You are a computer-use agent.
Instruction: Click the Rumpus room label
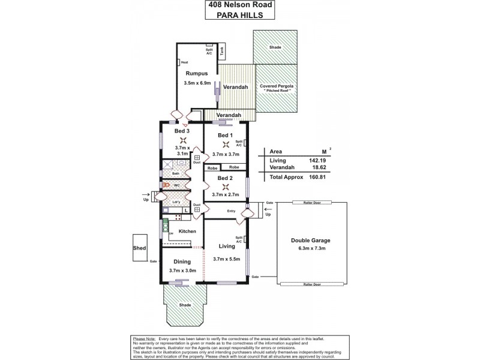pos(197,74)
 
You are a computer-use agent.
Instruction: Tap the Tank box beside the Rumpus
pos(222,52)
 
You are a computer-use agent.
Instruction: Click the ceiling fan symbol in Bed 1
pos(226,145)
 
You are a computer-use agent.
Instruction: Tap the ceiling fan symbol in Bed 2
pos(226,187)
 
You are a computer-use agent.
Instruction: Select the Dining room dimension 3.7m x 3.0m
pos(182,271)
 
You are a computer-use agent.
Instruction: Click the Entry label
pos(232,211)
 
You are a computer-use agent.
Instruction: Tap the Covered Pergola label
pos(274,86)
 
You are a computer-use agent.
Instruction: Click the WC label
pos(178,186)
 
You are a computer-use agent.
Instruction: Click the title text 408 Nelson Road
pos(239,7)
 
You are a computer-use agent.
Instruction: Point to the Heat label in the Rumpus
pos(185,62)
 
